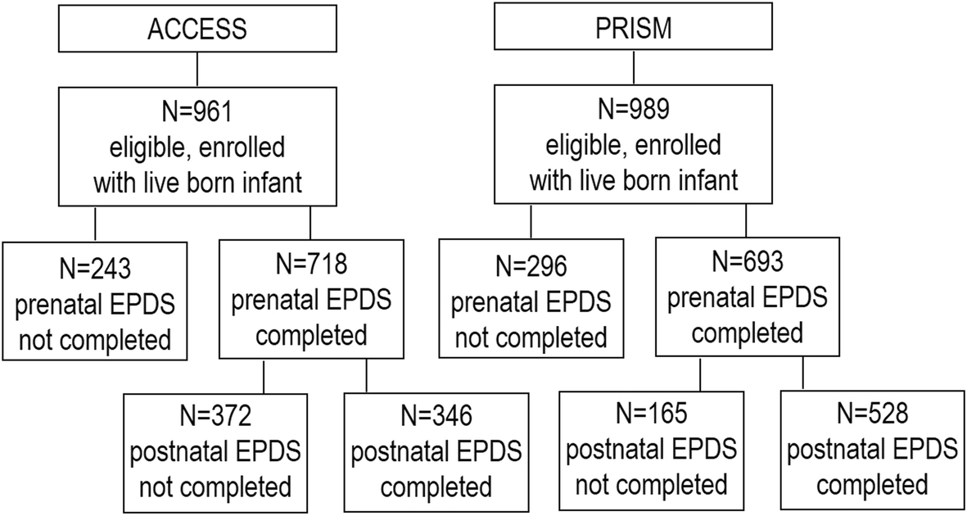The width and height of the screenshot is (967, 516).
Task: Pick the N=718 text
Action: pyautogui.click(x=310, y=264)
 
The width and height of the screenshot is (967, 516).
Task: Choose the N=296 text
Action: pyautogui.click(x=531, y=267)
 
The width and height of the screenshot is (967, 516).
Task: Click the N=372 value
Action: pyautogui.click(x=215, y=416)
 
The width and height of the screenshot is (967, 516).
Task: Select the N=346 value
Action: pyautogui.click(x=436, y=416)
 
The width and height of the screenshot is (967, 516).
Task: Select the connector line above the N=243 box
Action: pyautogui.click(x=95, y=223)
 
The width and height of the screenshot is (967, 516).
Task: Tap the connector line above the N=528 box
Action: pyautogui.click(x=802, y=374)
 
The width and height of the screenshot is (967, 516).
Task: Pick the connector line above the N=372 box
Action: pyautogui.click(x=264, y=376)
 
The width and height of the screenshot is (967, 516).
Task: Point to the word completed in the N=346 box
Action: pyautogui.click(x=436, y=487)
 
